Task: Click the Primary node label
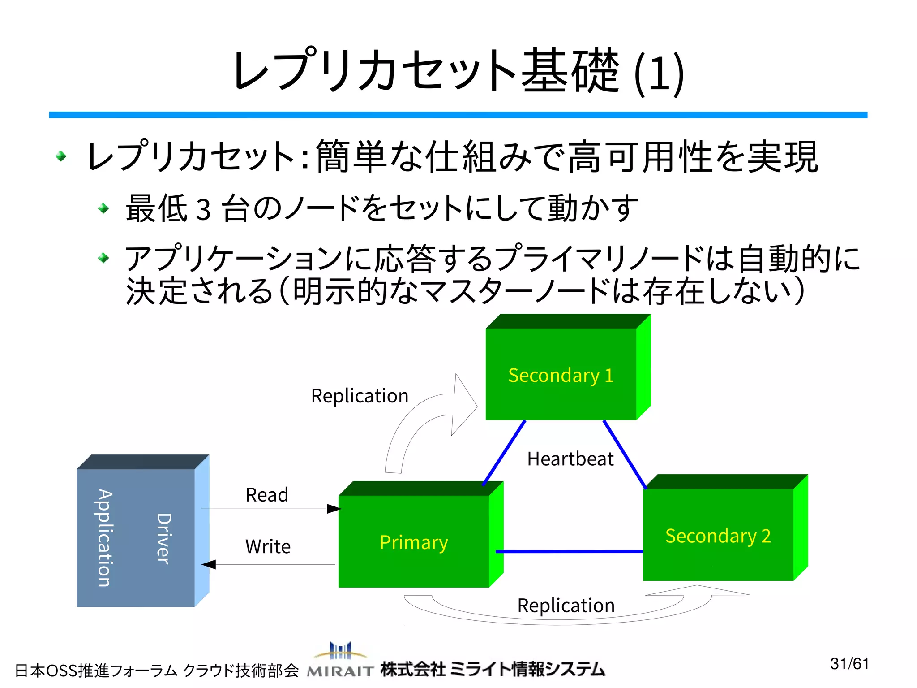pos(413,542)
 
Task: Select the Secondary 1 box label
pos(561,376)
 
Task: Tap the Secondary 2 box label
pos(718,536)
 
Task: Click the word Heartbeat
pos(570,459)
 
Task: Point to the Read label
pos(267,495)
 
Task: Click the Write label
pos(268,547)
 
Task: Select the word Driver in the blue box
pos(163,538)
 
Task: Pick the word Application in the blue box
pos(105,537)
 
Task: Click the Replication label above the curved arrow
pos(360,396)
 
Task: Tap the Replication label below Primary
pos(566,606)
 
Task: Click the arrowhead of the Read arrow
pos(334,509)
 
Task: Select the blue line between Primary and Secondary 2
pos(569,551)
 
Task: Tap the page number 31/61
pos(849,663)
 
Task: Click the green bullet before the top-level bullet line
pos(61,156)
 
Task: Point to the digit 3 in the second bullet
pos(203,209)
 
